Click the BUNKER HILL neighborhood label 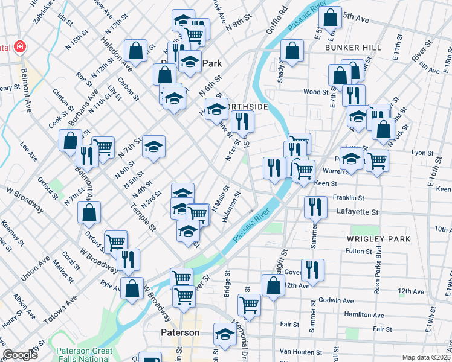(x=354, y=47)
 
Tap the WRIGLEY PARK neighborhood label (x=379, y=239)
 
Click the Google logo (x=20, y=355)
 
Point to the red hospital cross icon (x=19, y=47)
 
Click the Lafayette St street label (x=356, y=212)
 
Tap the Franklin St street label (x=349, y=197)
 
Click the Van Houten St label (x=302, y=352)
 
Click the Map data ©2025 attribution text (x=427, y=357)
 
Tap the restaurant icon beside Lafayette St (x=314, y=208)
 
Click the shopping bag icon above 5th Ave (x=331, y=17)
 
